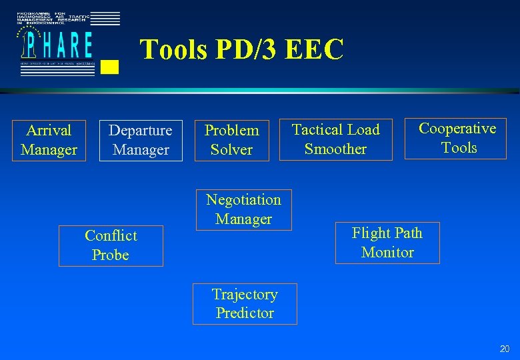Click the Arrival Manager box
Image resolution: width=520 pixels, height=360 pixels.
point(49,140)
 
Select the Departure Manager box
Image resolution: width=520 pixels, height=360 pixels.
point(141,140)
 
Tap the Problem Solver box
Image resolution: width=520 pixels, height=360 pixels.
point(231,140)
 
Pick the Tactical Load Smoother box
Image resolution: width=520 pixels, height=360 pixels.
point(335,139)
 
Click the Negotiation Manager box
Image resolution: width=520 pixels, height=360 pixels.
point(243,209)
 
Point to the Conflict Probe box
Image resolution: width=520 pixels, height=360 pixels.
point(111,245)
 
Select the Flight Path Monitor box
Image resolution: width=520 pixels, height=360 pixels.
point(387,243)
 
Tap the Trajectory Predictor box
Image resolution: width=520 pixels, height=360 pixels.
point(245,304)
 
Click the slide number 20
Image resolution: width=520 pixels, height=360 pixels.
point(505,349)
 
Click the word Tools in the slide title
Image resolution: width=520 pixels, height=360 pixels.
point(173,50)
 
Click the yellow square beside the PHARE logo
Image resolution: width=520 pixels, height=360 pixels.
point(111,66)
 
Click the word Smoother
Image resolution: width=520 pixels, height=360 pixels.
point(335,149)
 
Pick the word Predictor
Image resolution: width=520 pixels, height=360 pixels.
point(245,313)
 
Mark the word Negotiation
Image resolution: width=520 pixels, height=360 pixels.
point(243,200)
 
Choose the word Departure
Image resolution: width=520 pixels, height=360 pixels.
point(141,131)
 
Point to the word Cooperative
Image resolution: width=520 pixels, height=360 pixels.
point(457,129)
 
